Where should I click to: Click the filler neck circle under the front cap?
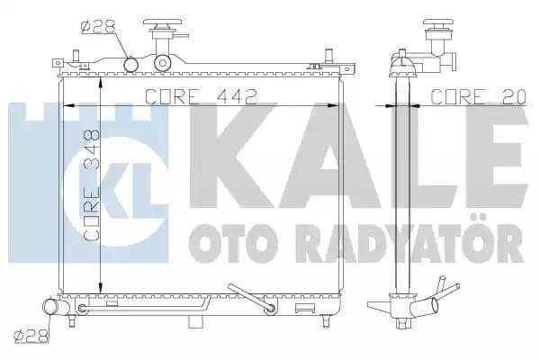click(163, 63)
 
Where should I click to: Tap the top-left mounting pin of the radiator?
click(57, 64)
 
